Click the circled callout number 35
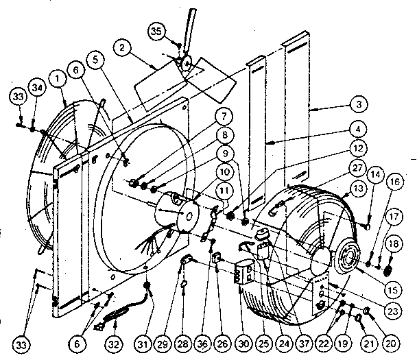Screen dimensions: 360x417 click(x=156, y=32)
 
